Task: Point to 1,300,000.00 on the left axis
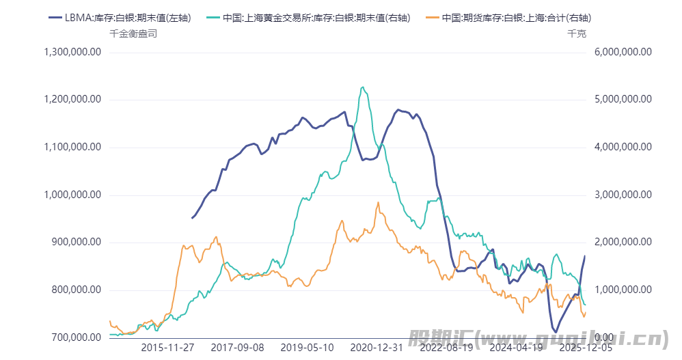tap(72, 52)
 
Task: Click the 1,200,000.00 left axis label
tap(72, 100)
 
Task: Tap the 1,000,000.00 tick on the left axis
tap(72, 195)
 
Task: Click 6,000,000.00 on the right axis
tap(623, 52)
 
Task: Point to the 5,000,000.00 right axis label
tap(623, 100)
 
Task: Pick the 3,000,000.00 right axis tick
tap(623, 195)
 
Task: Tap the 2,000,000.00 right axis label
tap(623, 243)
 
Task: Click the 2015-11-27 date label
tap(167, 348)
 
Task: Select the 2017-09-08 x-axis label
tap(237, 348)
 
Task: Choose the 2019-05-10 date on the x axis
tap(307, 348)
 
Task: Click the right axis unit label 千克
tap(577, 33)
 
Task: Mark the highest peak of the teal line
tap(362, 87)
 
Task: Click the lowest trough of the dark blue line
tap(556, 333)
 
